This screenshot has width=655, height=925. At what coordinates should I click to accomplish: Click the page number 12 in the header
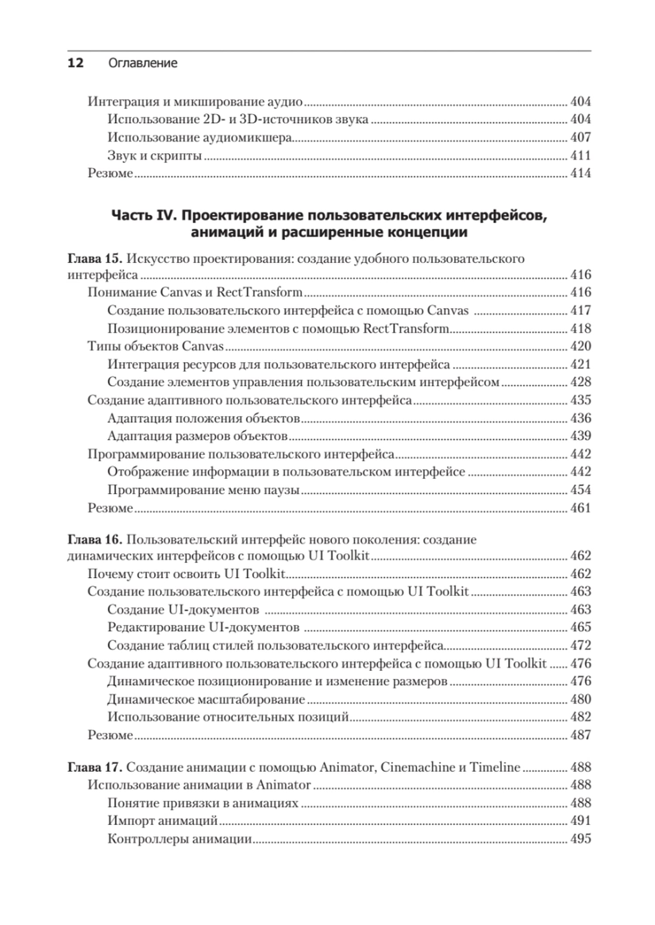coord(75,63)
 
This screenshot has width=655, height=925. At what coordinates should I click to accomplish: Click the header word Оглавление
coord(142,63)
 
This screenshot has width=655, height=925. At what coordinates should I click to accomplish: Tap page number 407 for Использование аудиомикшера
coord(580,137)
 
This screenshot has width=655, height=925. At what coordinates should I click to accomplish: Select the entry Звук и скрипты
coord(155,155)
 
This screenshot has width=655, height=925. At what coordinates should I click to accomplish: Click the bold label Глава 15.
coord(95,258)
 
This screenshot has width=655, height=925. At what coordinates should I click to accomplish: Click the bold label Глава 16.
coord(95,539)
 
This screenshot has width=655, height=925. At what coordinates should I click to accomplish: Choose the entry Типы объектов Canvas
coord(155,346)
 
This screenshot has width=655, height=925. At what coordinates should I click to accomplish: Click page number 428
coord(580,382)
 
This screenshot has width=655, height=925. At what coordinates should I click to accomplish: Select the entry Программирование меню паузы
coord(203,490)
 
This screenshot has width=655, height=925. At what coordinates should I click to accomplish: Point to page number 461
coord(580,508)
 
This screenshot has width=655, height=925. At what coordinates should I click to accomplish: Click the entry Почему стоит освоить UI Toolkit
coord(186,573)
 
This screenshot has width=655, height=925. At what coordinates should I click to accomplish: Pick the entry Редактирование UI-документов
coord(203,627)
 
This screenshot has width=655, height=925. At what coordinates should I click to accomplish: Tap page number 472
coord(580,645)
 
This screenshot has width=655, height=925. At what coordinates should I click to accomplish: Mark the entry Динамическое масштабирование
coord(206,699)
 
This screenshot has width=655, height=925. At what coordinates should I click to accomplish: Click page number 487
coord(580,735)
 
